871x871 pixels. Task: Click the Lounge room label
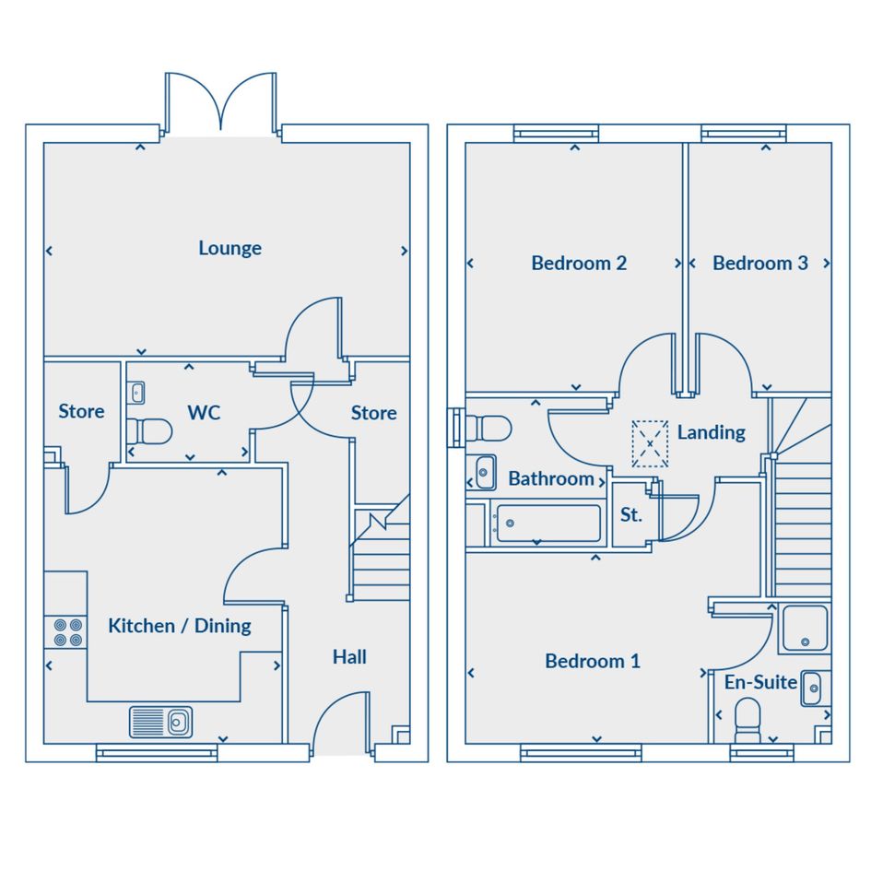click(230, 248)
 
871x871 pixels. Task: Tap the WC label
click(204, 413)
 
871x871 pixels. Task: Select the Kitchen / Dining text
click(180, 626)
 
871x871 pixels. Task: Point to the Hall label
click(349, 657)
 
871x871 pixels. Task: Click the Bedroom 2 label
click(579, 263)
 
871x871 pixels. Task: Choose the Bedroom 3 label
click(759, 263)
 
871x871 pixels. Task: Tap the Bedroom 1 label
click(592, 661)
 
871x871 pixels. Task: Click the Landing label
click(711, 432)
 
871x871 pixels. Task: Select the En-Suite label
click(760, 682)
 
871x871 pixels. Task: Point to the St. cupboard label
click(631, 515)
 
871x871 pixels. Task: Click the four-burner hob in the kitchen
click(65, 632)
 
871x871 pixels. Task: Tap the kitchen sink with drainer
click(160, 722)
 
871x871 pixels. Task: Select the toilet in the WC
click(149, 431)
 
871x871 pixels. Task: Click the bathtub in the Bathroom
click(547, 523)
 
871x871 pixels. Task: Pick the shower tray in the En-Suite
click(805, 628)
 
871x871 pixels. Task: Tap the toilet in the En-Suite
click(747, 721)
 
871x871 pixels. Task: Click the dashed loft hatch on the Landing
click(650, 443)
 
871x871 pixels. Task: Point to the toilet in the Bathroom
click(488, 429)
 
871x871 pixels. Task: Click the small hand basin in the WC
click(136, 394)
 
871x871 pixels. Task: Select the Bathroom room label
click(551, 479)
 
